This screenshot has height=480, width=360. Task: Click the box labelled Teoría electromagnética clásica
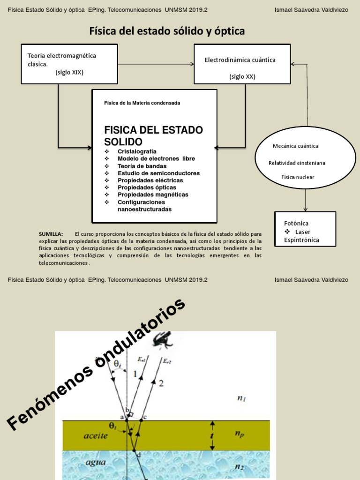click(69, 64)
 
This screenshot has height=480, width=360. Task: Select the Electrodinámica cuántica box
click(242, 64)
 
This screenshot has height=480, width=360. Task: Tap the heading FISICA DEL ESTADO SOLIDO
click(153, 135)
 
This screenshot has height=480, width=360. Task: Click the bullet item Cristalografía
click(137, 151)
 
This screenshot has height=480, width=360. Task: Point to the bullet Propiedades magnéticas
click(153, 195)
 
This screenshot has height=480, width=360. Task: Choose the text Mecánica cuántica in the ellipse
click(295, 146)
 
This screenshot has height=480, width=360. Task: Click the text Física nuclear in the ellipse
click(298, 177)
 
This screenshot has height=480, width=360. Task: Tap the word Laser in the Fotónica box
click(302, 232)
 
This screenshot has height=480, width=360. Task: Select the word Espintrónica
click(301, 240)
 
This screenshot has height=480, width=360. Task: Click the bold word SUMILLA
click(51, 233)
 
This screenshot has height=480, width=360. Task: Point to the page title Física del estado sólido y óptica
click(167, 31)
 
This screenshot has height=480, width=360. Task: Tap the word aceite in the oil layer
click(96, 435)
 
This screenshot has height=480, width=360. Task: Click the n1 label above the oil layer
click(242, 398)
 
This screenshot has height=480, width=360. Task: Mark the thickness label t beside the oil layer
click(212, 435)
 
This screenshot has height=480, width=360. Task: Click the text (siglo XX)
click(242, 77)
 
